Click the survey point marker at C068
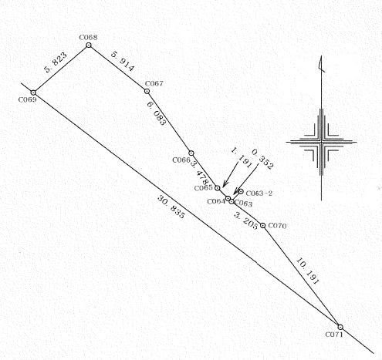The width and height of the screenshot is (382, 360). tap(89, 45)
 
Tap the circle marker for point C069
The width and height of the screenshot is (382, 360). tap(33, 93)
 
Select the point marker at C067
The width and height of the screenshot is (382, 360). tap(147, 91)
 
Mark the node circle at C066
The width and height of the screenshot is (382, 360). tap(191, 153)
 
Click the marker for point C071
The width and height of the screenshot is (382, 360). tap(340, 327)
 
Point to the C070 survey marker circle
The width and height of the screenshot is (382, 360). tap(262, 225)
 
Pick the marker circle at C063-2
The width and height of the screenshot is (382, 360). tap(241, 191)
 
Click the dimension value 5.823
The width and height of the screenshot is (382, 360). tap(56, 62)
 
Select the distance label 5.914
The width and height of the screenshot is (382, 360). tap(123, 62)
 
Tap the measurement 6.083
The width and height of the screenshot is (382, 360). tap(156, 113)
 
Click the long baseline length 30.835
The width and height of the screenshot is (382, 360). tap(171, 207)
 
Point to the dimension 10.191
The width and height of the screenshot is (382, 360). tap(308, 271)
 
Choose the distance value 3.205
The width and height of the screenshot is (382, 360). tap(246, 220)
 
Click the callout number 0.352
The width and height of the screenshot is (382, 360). tap(262, 160)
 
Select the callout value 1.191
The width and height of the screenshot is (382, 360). tap(242, 158)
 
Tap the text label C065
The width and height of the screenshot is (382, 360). tap(204, 188)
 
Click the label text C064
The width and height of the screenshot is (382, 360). tap(216, 201)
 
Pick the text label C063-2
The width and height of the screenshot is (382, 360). tap(259, 193)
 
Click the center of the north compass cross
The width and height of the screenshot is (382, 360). tap(321, 142)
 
